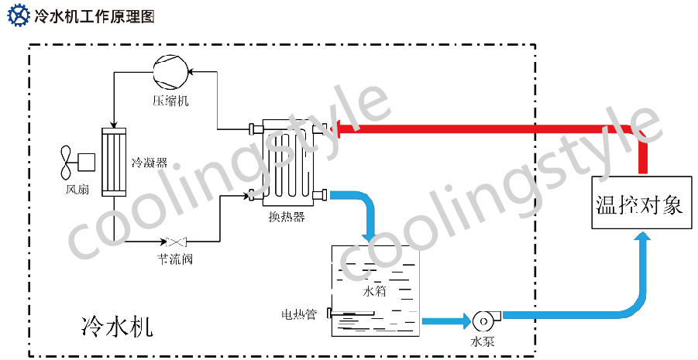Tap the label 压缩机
(170, 101)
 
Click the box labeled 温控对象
(641, 204)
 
